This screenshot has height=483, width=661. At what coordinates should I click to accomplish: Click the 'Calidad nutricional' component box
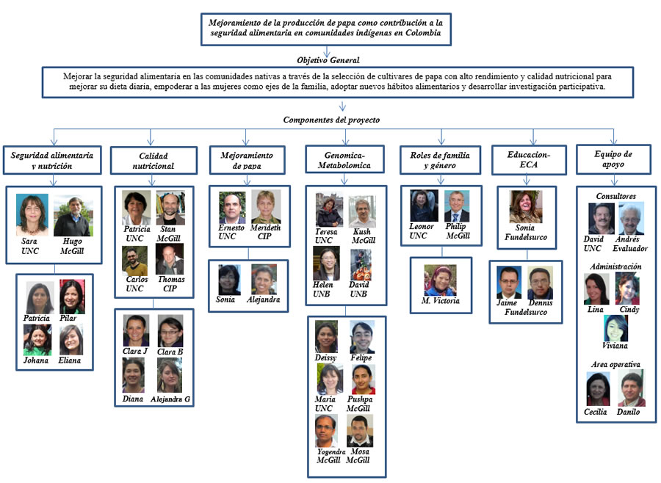(x=153, y=160)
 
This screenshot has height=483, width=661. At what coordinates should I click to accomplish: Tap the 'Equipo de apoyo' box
(x=613, y=159)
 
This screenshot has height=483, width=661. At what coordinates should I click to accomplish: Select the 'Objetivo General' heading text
(x=328, y=60)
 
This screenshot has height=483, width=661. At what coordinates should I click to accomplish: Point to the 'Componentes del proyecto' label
(x=331, y=120)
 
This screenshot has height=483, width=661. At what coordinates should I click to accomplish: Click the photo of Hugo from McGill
(x=73, y=217)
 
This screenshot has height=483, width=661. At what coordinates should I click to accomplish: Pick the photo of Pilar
(x=72, y=297)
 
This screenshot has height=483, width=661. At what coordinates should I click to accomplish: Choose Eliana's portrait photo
(x=71, y=340)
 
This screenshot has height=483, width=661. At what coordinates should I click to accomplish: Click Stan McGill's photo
(x=170, y=207)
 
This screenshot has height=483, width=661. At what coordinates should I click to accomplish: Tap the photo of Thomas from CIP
(x=170, y=259)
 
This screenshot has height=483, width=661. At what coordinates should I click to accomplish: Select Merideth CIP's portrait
(x=266, y=206)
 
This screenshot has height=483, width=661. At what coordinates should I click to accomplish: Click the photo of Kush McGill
(x=361, y=211)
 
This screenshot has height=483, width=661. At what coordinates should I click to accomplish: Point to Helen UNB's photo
(x=326, y=264)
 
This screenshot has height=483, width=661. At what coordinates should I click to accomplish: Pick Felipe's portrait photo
(x=362, y=337)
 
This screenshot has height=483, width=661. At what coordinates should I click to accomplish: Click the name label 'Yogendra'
(x=331, y=452)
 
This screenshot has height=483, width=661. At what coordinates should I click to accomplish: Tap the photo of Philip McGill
(x=457, y=206)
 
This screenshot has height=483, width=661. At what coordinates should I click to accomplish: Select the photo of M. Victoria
(x=440, y=280)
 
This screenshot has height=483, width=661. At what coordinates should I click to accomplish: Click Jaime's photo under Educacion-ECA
(x=509, y=283)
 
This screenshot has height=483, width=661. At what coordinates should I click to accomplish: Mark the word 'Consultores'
(x=616, y=196)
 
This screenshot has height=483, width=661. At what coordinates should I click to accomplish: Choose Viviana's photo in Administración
(x=615, y=328)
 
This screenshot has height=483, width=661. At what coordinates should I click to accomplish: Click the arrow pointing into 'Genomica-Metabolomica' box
(x=345, y=137)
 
